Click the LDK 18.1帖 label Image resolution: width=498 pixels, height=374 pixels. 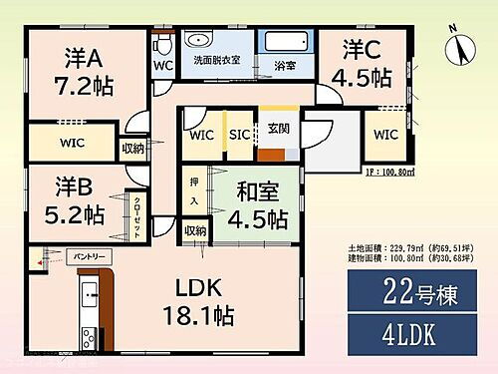pos(199,303)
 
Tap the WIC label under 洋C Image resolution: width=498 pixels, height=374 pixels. pos(387,134)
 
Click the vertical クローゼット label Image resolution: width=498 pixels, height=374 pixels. pos(136,213)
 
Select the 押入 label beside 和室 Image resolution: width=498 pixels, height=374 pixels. pos(195,193)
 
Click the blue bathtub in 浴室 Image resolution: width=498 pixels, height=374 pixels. pos(287,44)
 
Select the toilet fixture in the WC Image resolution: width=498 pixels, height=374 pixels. pos(165,47)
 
